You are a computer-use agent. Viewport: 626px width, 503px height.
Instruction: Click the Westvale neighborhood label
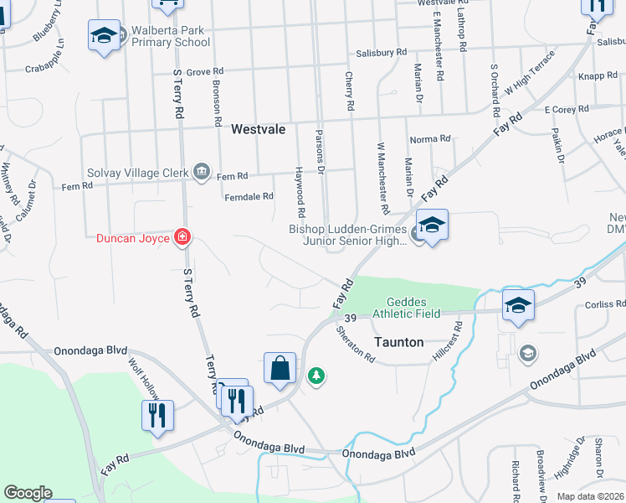click(258, 130)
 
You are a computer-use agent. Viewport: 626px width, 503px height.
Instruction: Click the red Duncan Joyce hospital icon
click(181, 237)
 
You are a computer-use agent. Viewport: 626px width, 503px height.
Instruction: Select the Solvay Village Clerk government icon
click(201, 171)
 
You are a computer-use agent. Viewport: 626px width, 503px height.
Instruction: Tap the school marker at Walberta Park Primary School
click(104, 35)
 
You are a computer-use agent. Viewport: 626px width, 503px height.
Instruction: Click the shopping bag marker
click(280, 368)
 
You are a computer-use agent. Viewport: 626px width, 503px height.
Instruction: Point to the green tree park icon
click(316, 376)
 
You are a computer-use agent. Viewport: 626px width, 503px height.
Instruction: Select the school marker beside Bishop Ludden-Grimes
click(432, 225)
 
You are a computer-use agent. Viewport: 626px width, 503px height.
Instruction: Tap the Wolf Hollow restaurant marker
click(156, 415)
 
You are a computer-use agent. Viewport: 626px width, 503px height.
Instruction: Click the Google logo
click(28, 492)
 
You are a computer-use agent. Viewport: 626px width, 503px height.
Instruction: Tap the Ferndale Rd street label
click(249, 197)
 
